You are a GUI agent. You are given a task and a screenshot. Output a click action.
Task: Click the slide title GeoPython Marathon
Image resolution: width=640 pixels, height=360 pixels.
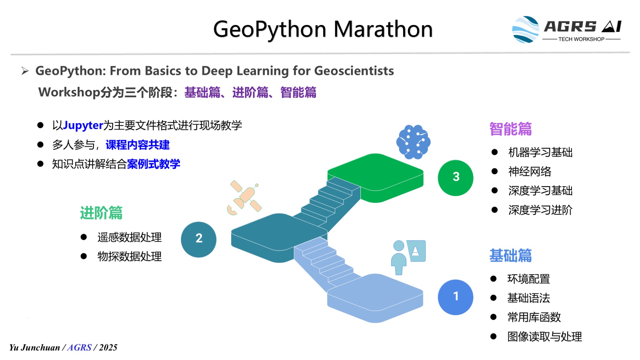323,29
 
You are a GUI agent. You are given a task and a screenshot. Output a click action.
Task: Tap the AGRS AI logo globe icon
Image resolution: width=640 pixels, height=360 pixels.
526,29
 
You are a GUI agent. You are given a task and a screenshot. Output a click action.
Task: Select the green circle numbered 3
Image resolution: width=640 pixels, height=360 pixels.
456,178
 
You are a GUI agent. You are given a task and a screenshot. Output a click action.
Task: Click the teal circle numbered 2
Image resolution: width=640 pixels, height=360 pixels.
199,239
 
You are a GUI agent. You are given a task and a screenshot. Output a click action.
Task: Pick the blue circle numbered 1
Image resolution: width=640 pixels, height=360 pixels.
456,297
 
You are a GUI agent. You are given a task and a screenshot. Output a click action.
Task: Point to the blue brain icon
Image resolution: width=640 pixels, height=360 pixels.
413,142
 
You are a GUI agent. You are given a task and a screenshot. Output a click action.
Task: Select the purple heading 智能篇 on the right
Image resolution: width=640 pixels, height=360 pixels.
511,129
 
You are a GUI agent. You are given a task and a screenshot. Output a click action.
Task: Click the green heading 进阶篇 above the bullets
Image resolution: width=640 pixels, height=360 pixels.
101,213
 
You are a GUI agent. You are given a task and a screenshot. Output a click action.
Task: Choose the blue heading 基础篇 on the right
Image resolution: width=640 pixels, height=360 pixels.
511,255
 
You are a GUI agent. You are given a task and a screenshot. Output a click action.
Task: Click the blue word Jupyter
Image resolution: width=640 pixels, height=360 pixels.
83,126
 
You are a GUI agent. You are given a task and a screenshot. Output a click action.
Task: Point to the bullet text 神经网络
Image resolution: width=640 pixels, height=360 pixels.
530,172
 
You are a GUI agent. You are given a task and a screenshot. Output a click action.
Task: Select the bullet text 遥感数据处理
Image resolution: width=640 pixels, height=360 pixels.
130,237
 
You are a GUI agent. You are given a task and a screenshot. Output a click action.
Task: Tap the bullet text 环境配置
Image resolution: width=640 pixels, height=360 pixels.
529,279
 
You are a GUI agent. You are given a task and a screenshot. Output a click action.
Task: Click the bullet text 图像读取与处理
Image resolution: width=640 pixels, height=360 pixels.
545,337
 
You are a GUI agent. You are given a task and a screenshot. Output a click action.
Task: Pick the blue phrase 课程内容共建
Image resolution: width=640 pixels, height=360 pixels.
137,145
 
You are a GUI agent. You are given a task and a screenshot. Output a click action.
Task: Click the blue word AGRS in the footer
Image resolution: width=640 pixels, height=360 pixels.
79,347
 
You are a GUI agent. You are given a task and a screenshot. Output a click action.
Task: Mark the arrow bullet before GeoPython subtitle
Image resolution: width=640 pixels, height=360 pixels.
25,71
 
